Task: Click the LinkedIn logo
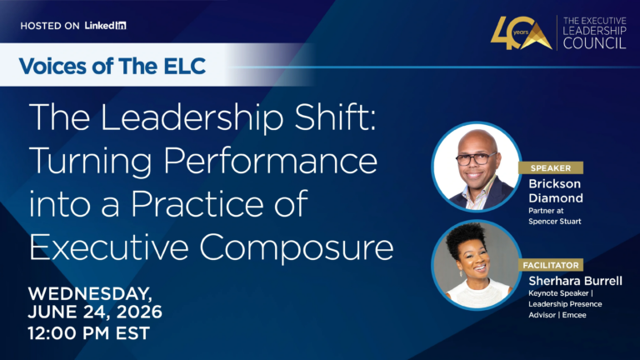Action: [105, 25]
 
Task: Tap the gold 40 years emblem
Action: [521, 33]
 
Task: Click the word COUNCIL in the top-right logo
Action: [594, 43]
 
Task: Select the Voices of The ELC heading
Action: [112, 66]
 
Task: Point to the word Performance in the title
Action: [270, 161]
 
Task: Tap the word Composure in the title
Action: [297, 247]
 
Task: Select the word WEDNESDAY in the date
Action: [90, 294]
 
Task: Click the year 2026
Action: [139, 312]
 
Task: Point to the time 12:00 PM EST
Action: [89, 333]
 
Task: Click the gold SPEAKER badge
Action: [551, 167]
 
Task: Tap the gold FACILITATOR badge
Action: [551, 265]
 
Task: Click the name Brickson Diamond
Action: [556, 191]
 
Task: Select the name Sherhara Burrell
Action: [575, 281]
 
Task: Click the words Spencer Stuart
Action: [555, 222]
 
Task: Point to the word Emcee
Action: [574, 315]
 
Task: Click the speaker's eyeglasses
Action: [476, 158]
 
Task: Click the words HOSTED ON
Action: [50, 26]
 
